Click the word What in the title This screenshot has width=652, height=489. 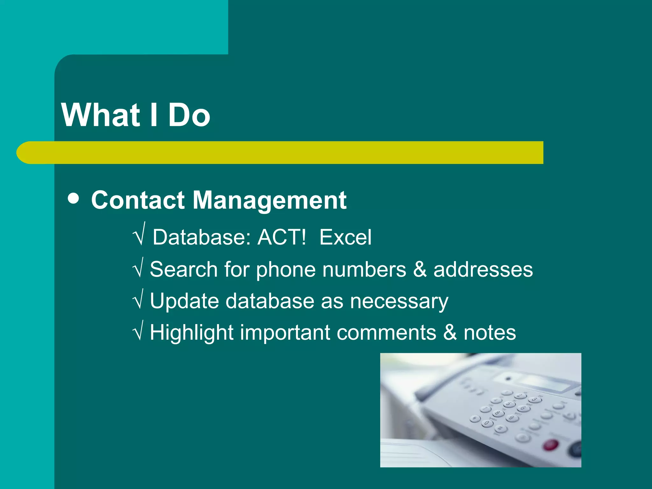click(x=101, y=115)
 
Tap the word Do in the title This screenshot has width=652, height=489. click(x=189, y=115)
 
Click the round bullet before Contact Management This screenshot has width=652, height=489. click(x=74, y=199)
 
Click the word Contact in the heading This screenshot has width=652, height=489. click(x=138, y=201)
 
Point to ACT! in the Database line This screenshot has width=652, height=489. click(x=281, y=237)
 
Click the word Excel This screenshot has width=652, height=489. click(x=345, y=237)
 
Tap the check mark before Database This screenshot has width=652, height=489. click(x=139, y=235)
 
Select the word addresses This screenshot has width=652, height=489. click(x=483, y=269)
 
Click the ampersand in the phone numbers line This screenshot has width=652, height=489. click(x=420, y=269)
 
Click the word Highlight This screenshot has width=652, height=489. click(x=192, y=333)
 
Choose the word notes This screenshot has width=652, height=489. click(x=489, y=333)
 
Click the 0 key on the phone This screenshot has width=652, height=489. click(x=486, y=423)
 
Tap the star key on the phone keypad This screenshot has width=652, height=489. click(x=475, y=419)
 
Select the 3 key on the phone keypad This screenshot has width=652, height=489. click(x=535, y=399)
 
